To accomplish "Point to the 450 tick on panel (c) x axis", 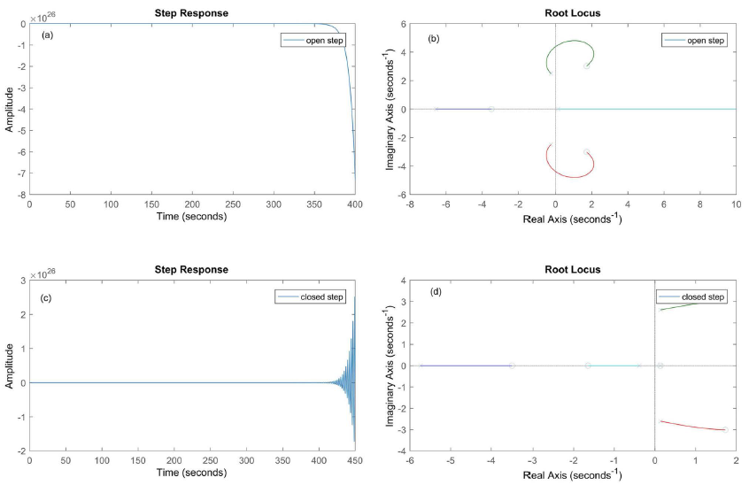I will [x=355, y=461].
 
